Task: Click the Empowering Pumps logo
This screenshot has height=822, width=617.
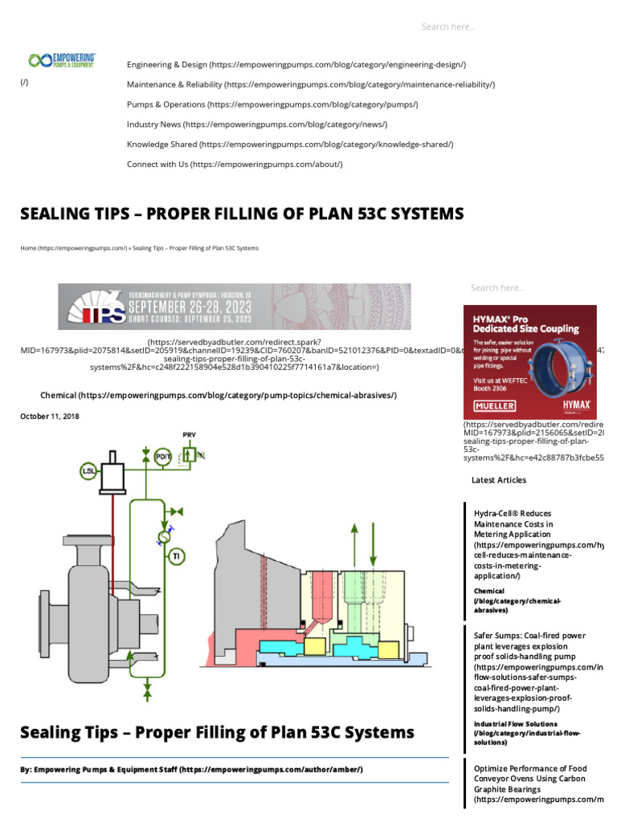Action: [x=62, y=60]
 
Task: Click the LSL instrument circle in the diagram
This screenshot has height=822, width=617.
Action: [x=88, y=471]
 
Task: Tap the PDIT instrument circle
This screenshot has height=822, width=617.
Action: [x=163, y=454]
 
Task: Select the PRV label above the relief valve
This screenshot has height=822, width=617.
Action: [x=190, y=434]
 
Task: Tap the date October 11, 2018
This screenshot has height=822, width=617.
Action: [x=50, y=416]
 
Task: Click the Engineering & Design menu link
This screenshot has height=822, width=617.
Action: [x=296, y=64]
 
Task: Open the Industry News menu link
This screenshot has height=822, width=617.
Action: [x=257, y=124]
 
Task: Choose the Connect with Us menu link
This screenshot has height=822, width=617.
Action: [x=235, y=165]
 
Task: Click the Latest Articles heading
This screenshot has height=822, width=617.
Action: [x=499, y=480]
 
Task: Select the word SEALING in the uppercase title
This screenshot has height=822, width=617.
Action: [x=57, y=214]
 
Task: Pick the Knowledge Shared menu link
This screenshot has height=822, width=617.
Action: [x=290, y=144]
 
